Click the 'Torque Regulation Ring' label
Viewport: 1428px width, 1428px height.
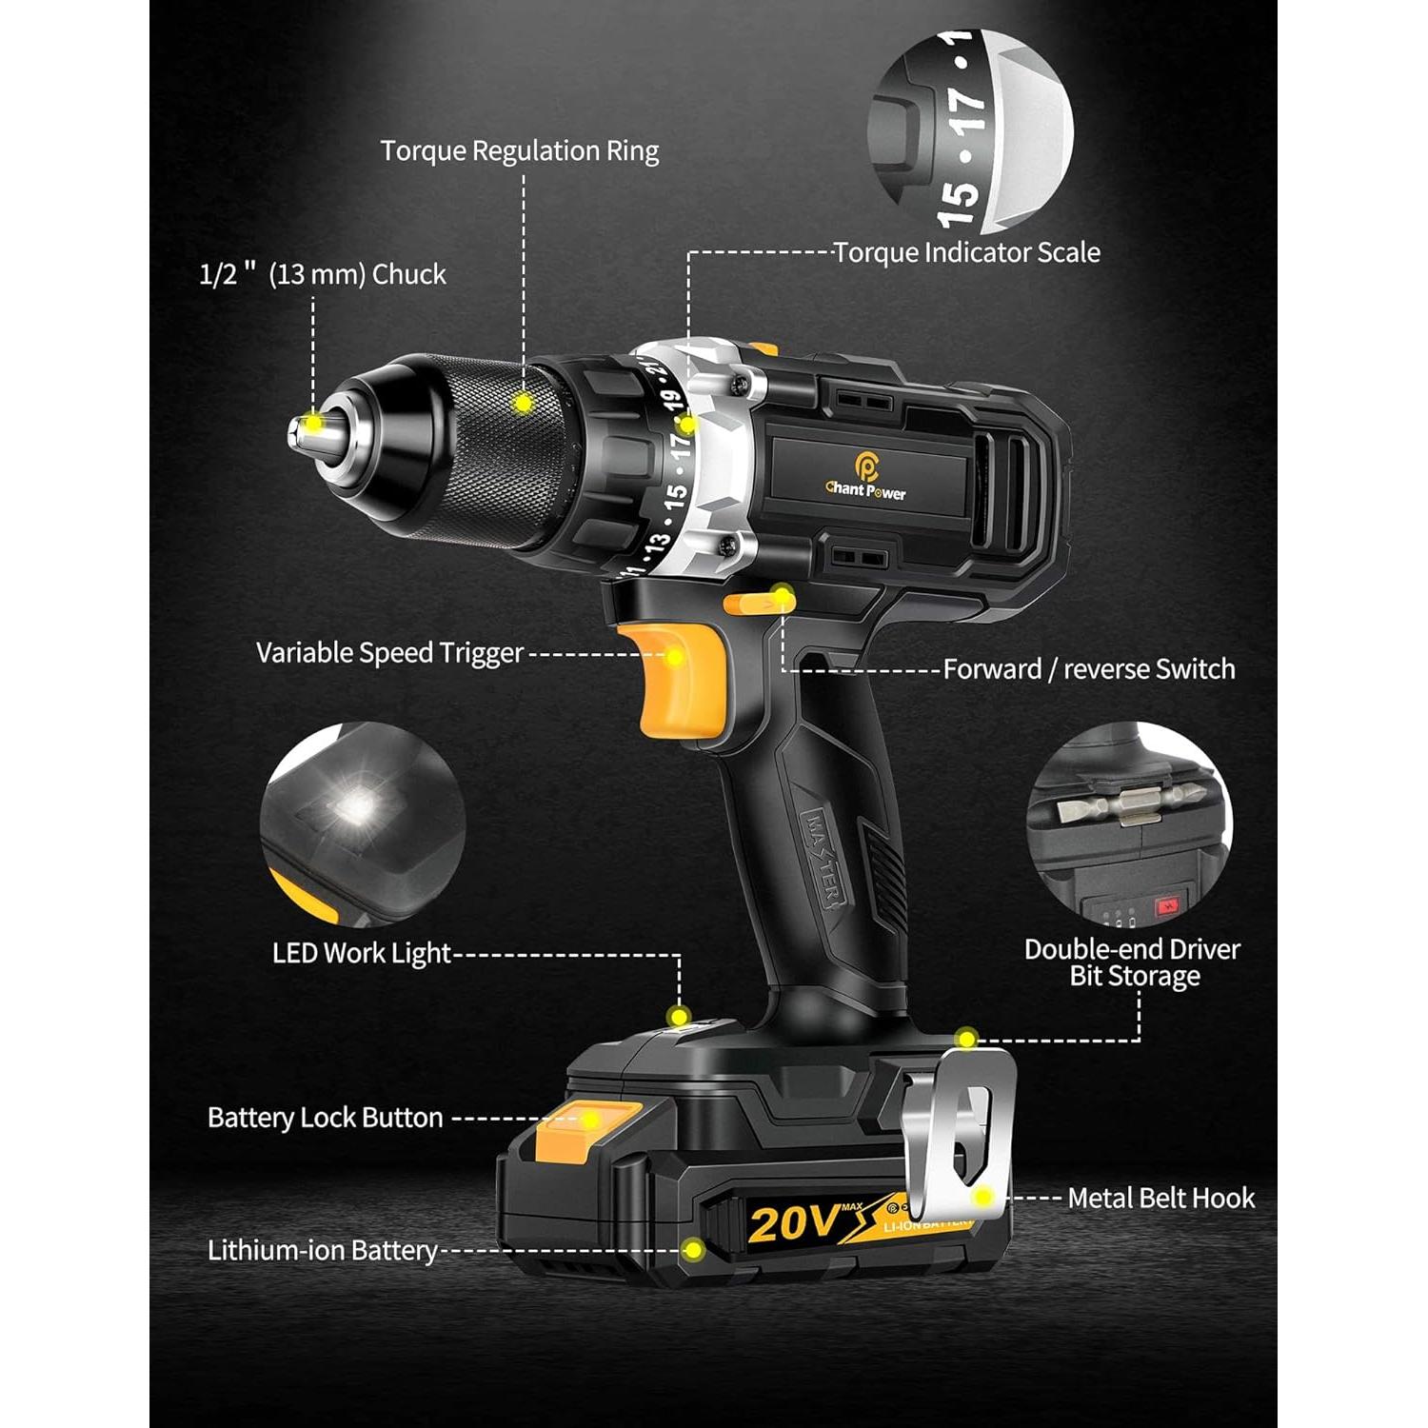click(x=519, y=151)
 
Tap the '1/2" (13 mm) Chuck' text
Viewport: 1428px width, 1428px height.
click(x=323, y=274)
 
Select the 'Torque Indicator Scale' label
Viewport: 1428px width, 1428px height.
click(x=966, y=252)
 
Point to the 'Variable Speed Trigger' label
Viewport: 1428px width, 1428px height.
click(x=389, y=653)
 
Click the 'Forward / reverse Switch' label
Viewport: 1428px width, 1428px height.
click(x=1088, y=669)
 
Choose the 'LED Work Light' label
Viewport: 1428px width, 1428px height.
click(x=361, y=953)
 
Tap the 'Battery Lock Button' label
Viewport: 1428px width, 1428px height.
click(x=325, y=1118)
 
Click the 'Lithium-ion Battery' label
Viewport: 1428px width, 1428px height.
click(x=322, y=1250)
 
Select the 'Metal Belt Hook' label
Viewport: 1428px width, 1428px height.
click(x=1160, y=1199)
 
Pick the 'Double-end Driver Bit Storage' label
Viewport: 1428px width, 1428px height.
click(x=1132, y=962)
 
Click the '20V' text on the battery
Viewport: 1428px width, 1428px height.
click(x=794, y=1223)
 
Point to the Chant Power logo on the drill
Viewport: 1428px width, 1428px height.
click(x=865, y=476)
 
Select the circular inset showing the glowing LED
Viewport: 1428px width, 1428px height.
click(x=362, y=823)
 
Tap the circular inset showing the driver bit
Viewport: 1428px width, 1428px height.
click(x=1129, y=825)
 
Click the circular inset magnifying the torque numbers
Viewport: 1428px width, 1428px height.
click(x=970, y=131)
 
